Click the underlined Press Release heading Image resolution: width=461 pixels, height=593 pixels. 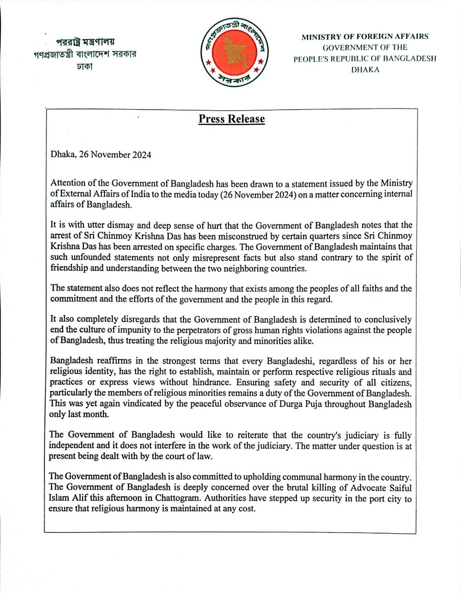[x=231, y=119]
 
